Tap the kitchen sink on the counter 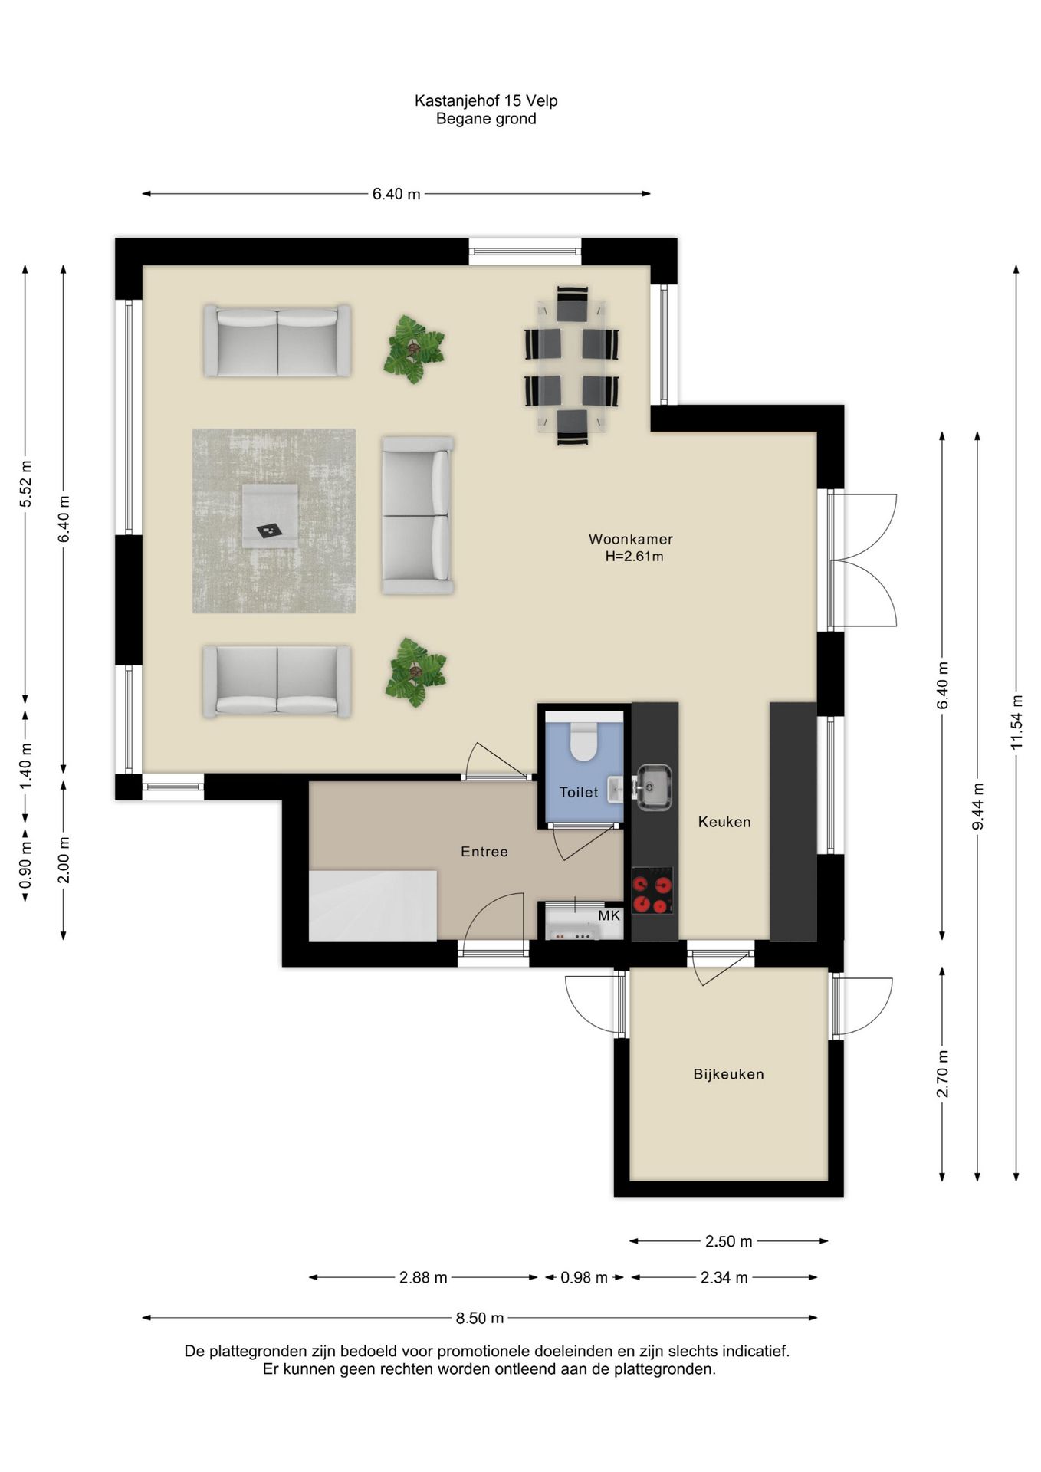point(654,786)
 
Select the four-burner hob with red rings point(652,892)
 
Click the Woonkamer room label point(630,539)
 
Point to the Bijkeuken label point(728,1074)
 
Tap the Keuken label point(724,822)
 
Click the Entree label point(484,852)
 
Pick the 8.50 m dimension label point(480,1318)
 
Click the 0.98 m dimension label point(583,1277)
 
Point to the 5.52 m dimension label point(25,484)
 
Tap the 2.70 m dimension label point(942,1074)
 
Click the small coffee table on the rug point(270,516)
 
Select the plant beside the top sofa point(414,350)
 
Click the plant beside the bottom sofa point(415,672)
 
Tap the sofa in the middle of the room point(418,516)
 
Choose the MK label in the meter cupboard point(609,915)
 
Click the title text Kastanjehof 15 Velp point(486,100)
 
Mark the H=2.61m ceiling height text point(634,557)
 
